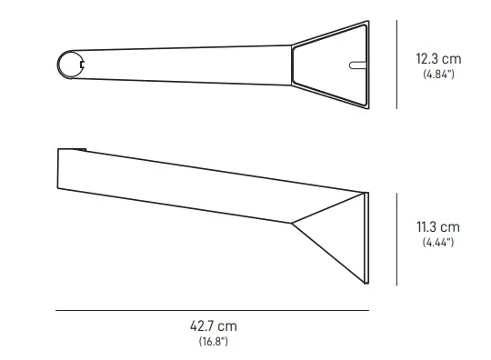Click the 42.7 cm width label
(x=213, y=325)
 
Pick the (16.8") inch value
(x=213, y=341)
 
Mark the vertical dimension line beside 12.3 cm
(x=396, y=66)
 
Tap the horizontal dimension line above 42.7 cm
(x=212, y=311)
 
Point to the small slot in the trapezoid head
(x=356, y=65)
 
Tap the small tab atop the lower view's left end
(x=79, y=147)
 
